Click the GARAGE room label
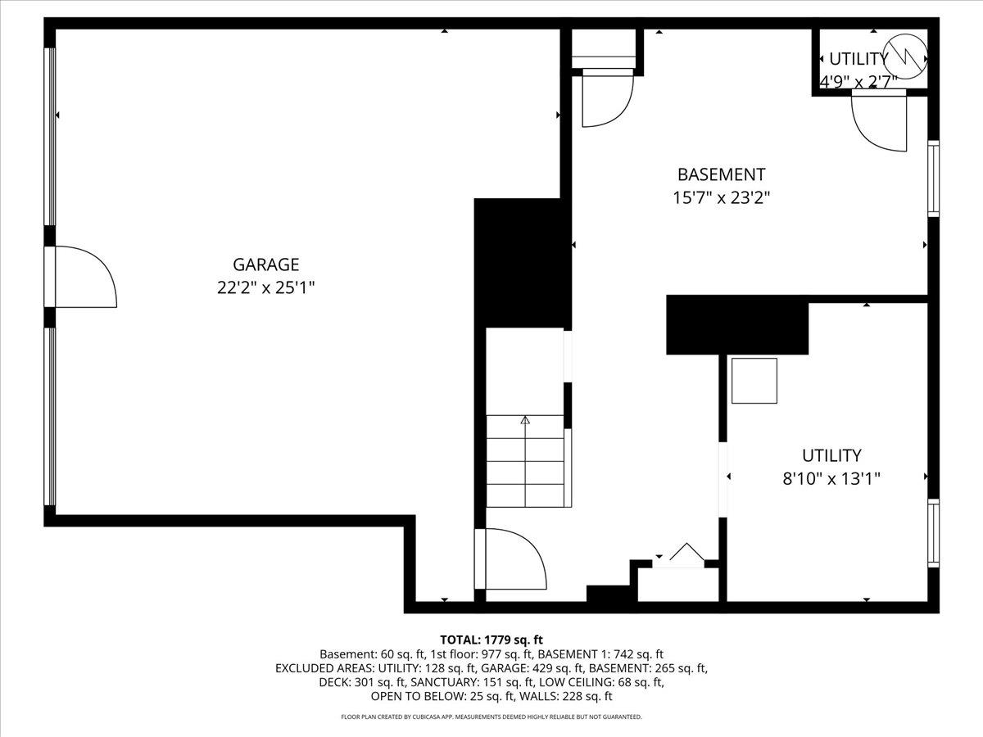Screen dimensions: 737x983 266,265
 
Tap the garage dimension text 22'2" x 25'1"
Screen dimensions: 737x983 266,287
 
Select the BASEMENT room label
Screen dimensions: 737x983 721,174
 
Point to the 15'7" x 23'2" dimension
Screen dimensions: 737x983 721,197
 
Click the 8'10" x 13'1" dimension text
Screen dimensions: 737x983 831,478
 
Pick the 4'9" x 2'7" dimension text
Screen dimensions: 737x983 858,80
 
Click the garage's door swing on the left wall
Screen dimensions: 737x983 84,278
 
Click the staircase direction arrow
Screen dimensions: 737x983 525,421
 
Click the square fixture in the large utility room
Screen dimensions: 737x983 754,381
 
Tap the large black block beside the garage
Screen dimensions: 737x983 522,262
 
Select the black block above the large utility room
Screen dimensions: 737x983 737,325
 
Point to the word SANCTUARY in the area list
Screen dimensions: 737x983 443,682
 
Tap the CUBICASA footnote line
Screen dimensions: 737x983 491,717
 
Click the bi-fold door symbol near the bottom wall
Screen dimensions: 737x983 686,554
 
